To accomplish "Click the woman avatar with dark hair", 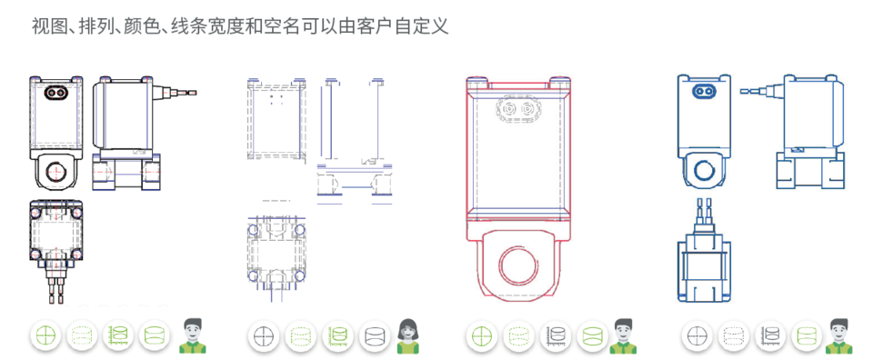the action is [408, 336].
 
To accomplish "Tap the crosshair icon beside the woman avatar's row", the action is [263, 336].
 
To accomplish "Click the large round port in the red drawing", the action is [517, 264].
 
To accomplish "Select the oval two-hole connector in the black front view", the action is [55, 92].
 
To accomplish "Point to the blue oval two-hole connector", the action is [704, 91].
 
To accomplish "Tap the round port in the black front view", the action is [55, 173].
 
